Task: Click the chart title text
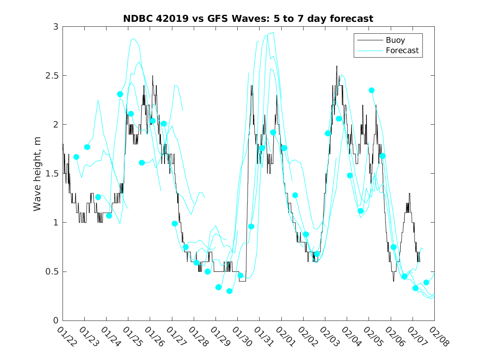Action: (248, 19)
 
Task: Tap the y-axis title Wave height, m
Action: (37, 174)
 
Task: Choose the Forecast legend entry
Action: (402, 51)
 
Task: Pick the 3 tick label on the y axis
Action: (55, 27)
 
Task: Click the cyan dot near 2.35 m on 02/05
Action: (371, 91)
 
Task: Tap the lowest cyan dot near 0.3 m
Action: (230, 291)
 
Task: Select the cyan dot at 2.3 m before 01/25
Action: (120, 94)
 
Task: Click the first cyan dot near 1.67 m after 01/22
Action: (76, 157)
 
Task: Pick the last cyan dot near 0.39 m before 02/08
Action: (427, 283)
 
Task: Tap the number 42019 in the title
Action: (169, 19)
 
